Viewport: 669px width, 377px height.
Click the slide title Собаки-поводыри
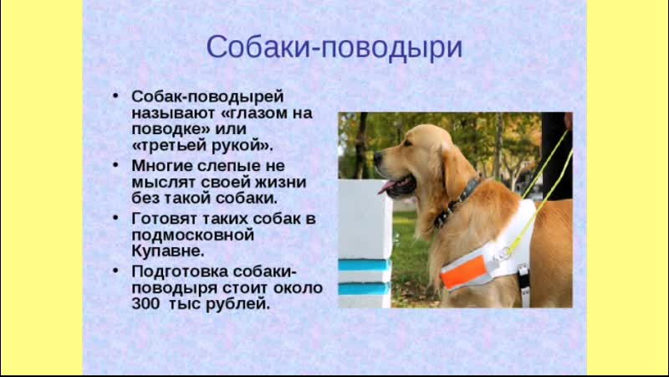tap(334, 47)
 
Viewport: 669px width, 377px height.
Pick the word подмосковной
tap(193, 235)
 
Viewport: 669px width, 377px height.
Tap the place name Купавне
tap(168, 250)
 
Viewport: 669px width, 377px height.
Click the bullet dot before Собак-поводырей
tap(115, 96)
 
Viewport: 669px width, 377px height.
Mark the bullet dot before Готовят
tap(115, 218)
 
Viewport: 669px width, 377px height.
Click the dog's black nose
tap(378, 158)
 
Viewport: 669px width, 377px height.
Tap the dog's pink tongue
tap(386, 186)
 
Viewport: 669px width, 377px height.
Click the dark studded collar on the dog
tap(457, 202)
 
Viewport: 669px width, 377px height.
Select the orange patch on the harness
tap(463, 272)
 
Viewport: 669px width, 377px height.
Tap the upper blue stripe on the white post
tap(365, 266)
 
